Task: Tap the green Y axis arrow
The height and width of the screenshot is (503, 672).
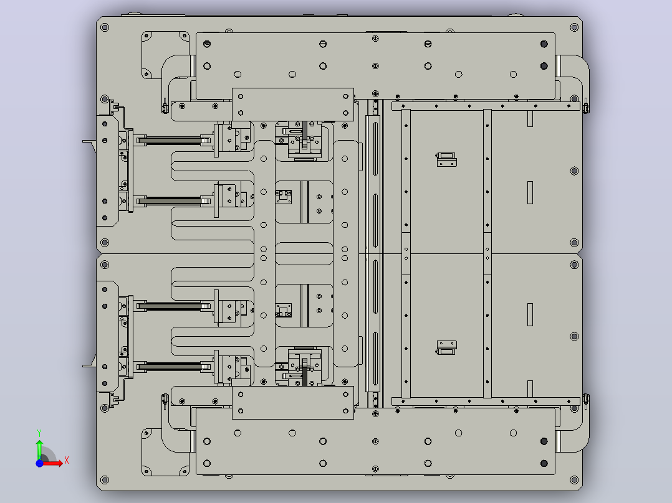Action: coord(39,449)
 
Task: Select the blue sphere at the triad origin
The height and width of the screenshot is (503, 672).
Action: coord(39,463)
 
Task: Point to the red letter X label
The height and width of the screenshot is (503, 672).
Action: coord(67,461)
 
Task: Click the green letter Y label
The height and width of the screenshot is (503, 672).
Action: coord(39,433)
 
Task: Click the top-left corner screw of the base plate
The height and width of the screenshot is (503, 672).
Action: coord(105,27)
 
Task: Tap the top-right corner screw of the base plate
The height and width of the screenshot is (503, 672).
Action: coord(574,27)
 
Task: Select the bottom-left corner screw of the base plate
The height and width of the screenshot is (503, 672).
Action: coord(105,480)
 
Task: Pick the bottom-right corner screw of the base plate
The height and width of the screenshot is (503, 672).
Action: coord(574,480)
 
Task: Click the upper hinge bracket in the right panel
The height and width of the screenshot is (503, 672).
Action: coord(446,159)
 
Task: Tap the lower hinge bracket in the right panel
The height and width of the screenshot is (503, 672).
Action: coord(446,347)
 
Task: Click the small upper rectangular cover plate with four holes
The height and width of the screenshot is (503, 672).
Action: coord(293,105)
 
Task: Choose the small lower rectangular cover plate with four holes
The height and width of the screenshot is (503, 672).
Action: coord(293,403)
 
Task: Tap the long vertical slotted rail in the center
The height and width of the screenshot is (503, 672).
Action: coord(373,253)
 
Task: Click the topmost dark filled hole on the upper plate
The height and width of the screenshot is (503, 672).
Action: coord(544,44)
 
